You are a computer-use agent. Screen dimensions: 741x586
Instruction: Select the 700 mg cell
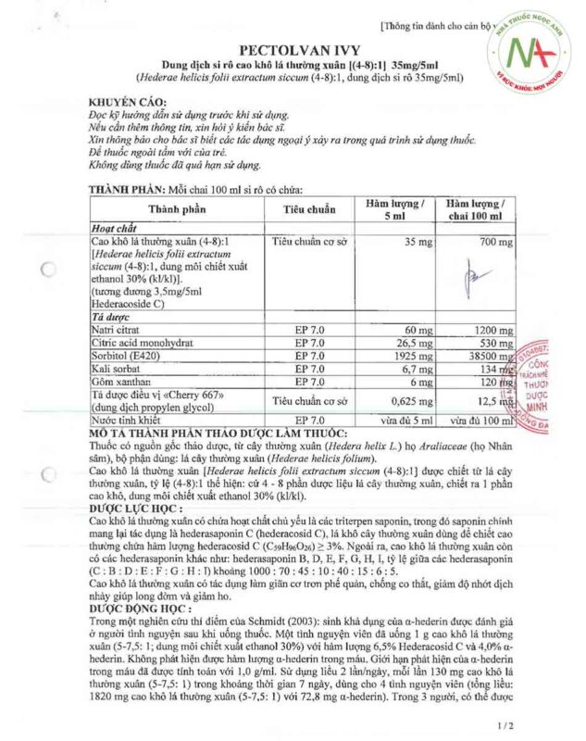pyautogui.click(x=476, y=242)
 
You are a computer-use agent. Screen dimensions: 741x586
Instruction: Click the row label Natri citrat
pyautogui.click(x=118, y=330)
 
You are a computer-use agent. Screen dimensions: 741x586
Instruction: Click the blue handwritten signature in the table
pyautogui.click(x=478, y=275)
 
